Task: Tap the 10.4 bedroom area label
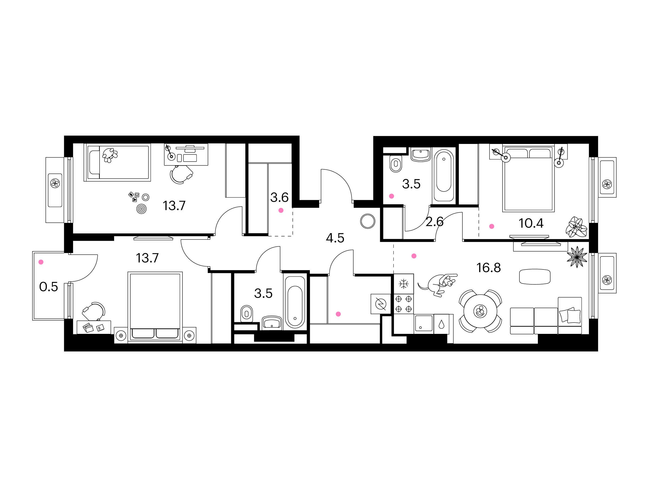(x=531, y=223)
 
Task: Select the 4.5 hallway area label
(x=335, y=238)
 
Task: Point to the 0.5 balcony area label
(x=48, y=287)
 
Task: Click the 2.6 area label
(x=435, y=222)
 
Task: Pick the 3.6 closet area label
(x=279, y=198)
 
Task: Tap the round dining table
(x=480, y=311)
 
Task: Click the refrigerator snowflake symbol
(x=404, y=284)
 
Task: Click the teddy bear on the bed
(x=110, y=155)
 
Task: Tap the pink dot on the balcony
(x=41, y=262)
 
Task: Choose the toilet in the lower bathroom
(x=246, y=314)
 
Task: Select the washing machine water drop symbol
(x=441, y=324)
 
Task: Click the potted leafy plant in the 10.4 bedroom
(x=577, y=227)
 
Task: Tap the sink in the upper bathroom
(x=421, y=155)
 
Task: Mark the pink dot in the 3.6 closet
(x=281, y=210)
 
